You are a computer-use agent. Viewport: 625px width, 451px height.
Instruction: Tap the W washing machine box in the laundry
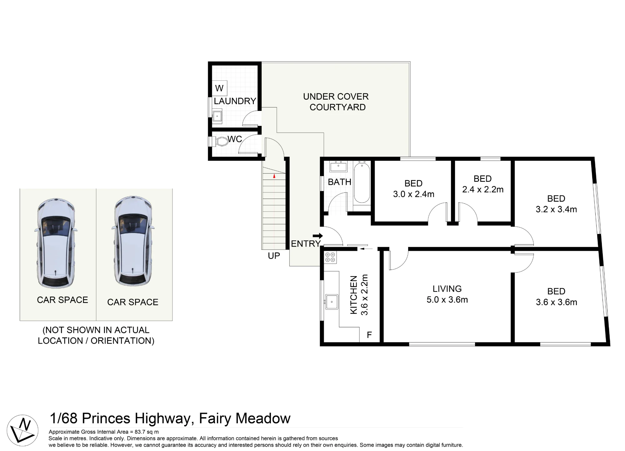tap(219, 88)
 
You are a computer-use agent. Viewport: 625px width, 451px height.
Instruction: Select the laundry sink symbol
tap(217, 116)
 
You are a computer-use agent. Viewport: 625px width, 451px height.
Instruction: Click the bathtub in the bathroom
tap(362, 183)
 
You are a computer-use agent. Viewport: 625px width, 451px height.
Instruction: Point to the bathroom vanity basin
tap(338, 166)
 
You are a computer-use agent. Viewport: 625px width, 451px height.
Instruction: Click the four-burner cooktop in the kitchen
tap(330, 257)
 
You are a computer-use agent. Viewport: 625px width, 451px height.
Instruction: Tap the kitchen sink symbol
tap(331, 302)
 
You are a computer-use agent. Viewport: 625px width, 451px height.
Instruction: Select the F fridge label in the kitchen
tap(369, 335)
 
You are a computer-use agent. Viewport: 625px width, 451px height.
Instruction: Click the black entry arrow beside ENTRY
tap(317, 236)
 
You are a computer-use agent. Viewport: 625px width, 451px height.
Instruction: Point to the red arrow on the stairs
tap(274, 176)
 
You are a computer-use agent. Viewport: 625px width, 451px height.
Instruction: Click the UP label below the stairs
tap(274, 256)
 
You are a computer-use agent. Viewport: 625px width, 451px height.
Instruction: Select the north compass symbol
tap(22, 430)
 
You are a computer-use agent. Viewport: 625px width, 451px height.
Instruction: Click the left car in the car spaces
tap(56, 243)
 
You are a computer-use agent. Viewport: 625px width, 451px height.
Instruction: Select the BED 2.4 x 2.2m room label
tap(483, 184)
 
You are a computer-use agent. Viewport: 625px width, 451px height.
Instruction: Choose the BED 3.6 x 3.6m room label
tap(556, 297)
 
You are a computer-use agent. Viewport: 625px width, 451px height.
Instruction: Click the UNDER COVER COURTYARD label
tap(336, 102)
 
